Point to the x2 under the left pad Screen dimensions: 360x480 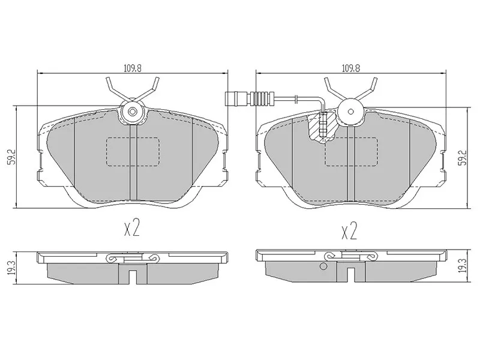click(x=131, y=229)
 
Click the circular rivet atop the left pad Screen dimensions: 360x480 click(x=132, y=112)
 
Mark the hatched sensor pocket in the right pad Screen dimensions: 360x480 click(x=322, y=127)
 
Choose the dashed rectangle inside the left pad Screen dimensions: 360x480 click(x=132, y=151)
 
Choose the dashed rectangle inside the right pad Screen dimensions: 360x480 click(x=350, y=151)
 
